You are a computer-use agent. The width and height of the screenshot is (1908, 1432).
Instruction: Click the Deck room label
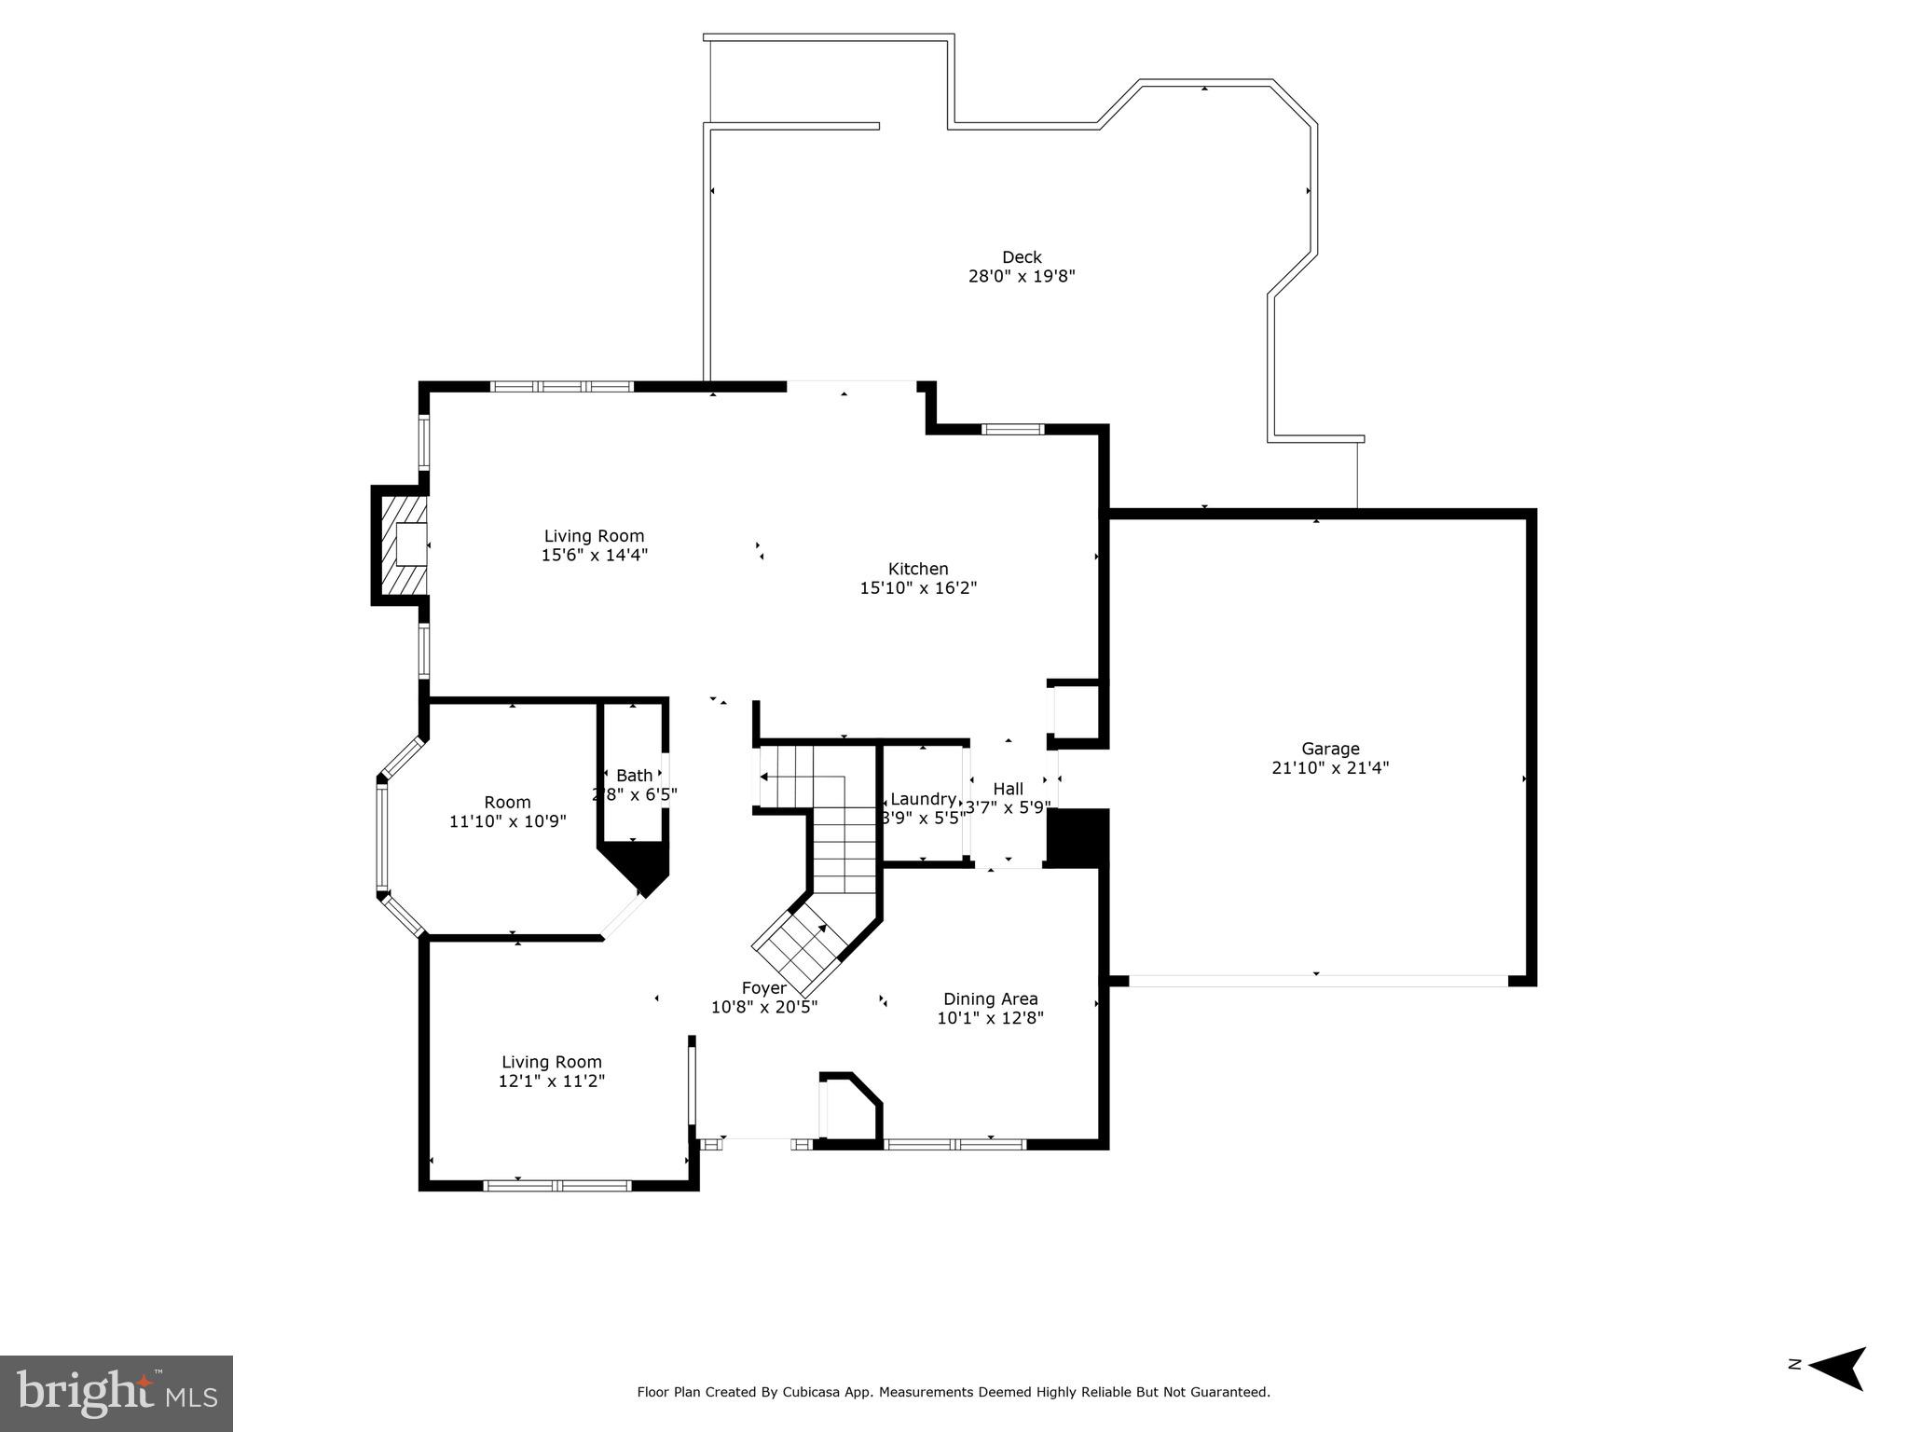tap(1022, 256)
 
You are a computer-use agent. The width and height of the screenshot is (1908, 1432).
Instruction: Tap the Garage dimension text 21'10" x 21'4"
tap(1330, 768)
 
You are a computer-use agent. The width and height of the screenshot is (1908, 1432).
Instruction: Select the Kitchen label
tap(918, 569)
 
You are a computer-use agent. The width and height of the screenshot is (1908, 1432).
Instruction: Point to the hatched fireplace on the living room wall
tap(401, 545)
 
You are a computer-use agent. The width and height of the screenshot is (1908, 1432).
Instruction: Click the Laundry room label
tap(922, 799)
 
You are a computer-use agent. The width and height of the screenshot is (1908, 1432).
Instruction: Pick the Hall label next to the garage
tap(1008, 789)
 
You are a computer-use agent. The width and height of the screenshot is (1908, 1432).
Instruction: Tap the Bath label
tap(634, 776)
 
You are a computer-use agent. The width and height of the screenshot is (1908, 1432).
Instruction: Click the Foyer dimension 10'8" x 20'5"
tap(763, 1007)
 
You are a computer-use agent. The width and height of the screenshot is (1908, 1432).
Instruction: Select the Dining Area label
tap(990, 998)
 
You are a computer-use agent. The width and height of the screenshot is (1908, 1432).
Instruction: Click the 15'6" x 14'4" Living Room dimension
tap(594, 555)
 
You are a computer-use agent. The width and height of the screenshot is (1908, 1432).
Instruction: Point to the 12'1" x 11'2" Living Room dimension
tap(552, 1081)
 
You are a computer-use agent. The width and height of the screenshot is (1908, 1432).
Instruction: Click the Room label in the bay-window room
tap(507, 802)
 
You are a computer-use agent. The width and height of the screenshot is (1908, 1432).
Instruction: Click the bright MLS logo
tap(117, 1393)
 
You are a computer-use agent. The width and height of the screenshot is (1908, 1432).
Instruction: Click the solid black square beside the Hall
tap(1078, 836)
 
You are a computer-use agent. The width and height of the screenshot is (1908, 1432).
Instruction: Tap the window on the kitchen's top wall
tap(1012, 429)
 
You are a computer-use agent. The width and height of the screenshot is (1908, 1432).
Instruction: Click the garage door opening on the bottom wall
tap(1317, 981)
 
